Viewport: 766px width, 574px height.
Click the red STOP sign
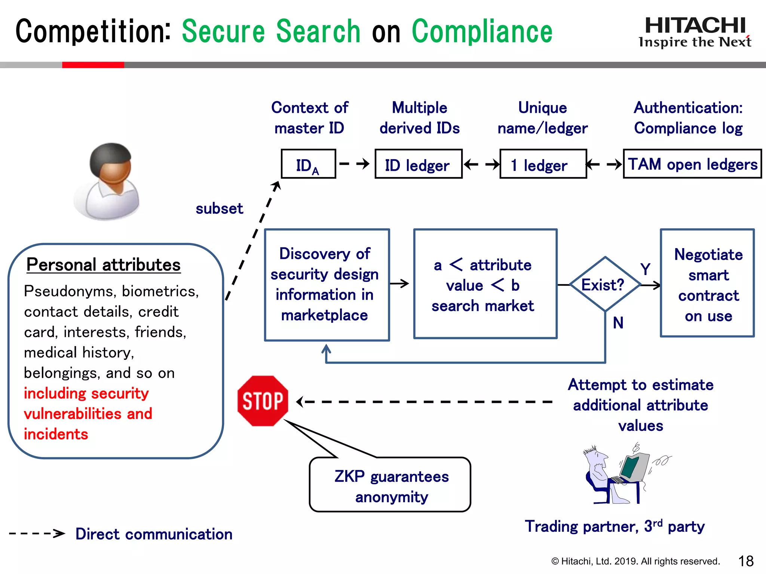click(x=263, y=401)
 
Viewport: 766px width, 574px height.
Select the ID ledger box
click(x=418, y=164)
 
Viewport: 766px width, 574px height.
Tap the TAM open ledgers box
click(x=692, y=164)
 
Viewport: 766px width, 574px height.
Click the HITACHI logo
click(x=695, y=26)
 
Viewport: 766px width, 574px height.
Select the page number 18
click(x=745, y=561)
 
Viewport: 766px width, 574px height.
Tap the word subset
click(x=219, y=209)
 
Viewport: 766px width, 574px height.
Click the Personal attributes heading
click(x=104, y=265)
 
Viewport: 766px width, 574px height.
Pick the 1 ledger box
click(x=543, y=164)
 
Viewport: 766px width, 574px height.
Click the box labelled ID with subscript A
click(x=308, y=164)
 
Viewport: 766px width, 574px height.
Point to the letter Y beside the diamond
click(x=645, y=269)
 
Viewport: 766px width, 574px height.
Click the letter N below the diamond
click(x=618, y=323)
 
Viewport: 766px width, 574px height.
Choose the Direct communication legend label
click(x=154, y=534)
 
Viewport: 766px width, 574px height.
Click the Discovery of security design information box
click(x=327, y=285)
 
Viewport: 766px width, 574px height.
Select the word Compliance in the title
click(x=482, y=31)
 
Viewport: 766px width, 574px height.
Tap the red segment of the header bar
click(x=93, y=65)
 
